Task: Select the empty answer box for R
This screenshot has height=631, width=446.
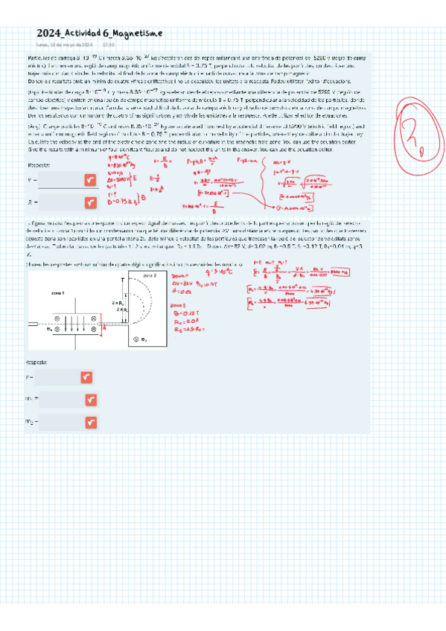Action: coord(60,201)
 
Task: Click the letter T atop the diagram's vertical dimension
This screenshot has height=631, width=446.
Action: coord(122,279)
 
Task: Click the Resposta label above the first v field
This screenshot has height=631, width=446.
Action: coord(38,164)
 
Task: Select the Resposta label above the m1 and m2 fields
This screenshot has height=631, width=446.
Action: coord(36,362)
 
